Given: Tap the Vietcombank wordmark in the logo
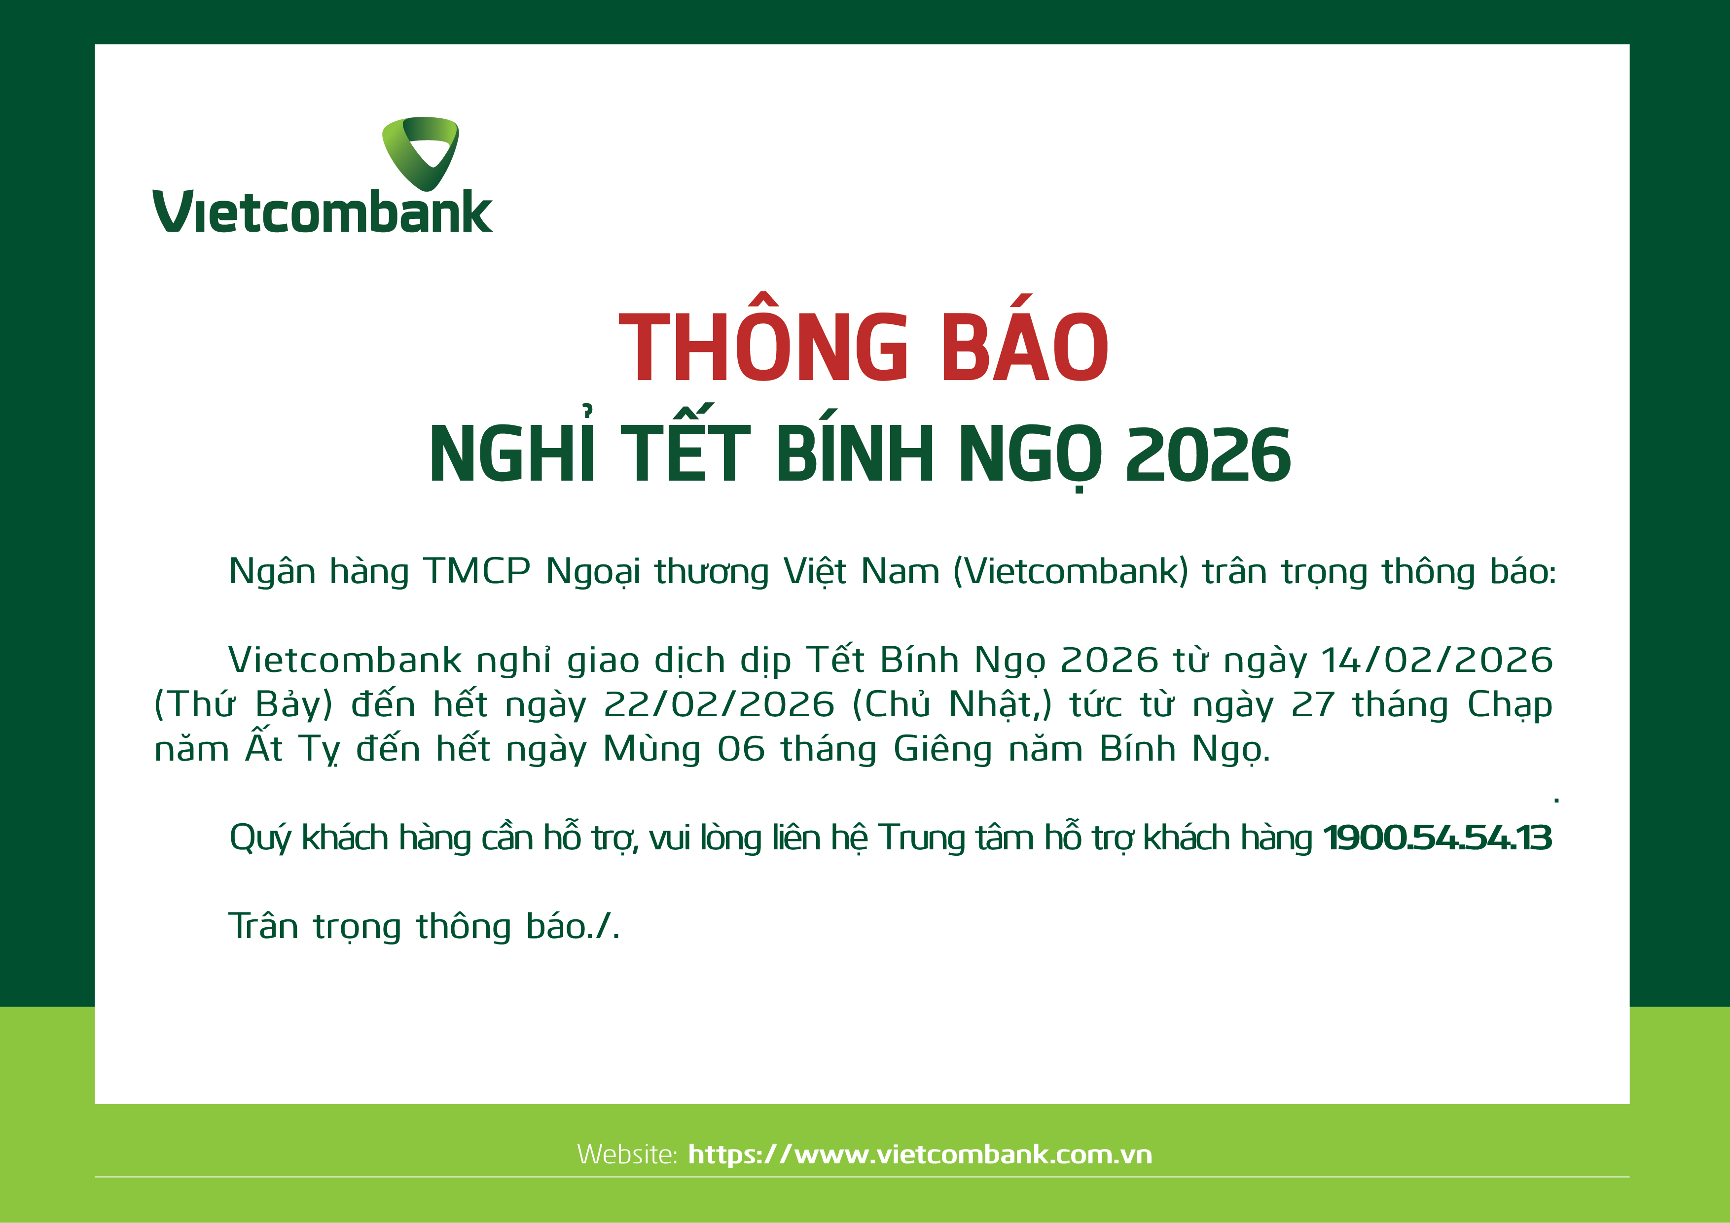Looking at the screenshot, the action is (323, 211).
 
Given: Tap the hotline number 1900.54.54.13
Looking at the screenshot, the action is (1438, 838).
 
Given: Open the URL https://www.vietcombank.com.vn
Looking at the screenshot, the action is (920, 1154).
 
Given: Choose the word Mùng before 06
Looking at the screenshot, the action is (652, 749).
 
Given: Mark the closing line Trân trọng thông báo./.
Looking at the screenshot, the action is (424, 926).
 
